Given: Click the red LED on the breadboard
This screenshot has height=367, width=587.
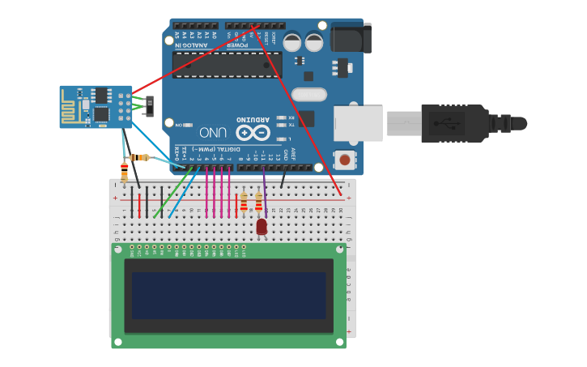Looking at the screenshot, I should (x=262, y=227).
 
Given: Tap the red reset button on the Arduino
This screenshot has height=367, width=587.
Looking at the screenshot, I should (x=345, y=160).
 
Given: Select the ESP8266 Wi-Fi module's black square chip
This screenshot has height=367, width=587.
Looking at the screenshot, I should (x=101, y=114).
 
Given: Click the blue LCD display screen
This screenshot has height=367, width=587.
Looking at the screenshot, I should (x=228, y=295).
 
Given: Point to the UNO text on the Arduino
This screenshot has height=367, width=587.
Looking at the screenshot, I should (x=212, y=132).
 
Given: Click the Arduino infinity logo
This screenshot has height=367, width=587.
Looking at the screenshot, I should (x=253, y=132).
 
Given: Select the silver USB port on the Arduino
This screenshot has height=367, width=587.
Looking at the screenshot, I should (x=358, y=123).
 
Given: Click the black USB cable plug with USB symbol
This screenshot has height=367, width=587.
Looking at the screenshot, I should (x=453, y=123).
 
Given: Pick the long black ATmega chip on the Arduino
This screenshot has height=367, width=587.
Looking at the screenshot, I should (x=227, y=65).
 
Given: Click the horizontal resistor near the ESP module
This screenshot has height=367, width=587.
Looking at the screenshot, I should (x=139, y=157).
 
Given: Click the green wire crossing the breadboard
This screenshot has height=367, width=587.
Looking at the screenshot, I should (x=173, y=193).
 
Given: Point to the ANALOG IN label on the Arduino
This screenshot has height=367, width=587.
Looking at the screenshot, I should (x=190, y=45).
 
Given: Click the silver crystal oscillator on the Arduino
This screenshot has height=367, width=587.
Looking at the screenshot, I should (x=308, y=95).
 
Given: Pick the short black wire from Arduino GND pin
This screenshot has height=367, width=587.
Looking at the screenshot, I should (x=283, y=178).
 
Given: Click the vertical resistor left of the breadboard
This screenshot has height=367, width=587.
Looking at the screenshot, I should (x=124, y=173).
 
